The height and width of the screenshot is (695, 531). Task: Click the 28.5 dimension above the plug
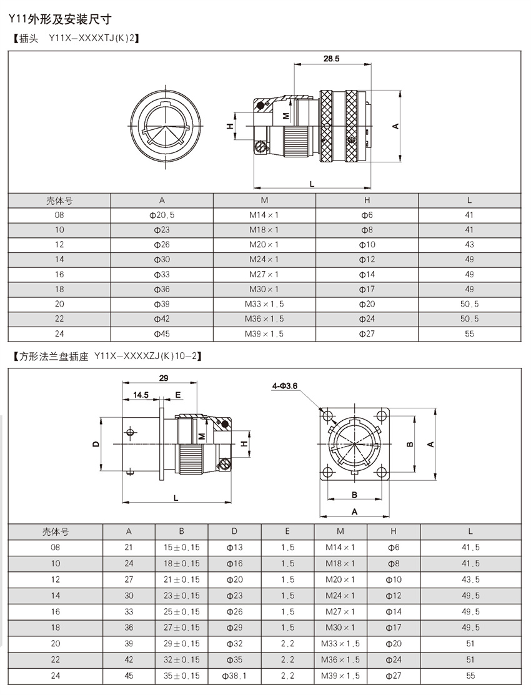point(331,59)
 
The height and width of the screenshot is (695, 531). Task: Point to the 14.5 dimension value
point(141,395)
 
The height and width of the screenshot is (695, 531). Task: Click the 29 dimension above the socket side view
point(164,378)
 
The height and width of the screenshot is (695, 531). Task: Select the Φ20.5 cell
point(162,215)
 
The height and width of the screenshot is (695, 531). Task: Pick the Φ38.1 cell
point(234,676)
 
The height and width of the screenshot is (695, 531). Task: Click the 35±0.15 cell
point(181,676)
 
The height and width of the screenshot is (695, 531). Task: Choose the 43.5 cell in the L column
point(470,580)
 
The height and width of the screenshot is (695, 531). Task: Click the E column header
point(287,532)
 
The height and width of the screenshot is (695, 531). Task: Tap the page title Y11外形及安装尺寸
point(60,21)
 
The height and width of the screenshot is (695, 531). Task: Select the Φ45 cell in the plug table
point(162,334)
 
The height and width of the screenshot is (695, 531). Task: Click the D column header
point(234,532)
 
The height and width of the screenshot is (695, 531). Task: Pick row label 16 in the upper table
point(59,275)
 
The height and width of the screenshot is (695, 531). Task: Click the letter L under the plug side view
point(312,182)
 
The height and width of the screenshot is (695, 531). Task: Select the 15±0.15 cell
point(181,548)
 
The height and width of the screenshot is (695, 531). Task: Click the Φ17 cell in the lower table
point(393,628)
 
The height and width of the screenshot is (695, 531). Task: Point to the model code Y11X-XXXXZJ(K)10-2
point(148,357)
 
